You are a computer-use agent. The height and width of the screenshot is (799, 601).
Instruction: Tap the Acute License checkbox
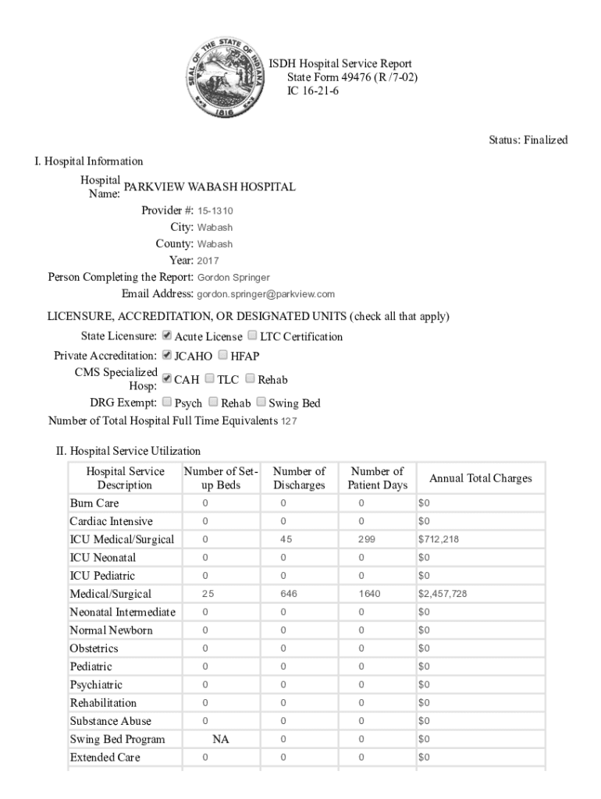click(166, 336)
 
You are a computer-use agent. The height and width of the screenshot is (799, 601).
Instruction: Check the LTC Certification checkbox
click(252, 336)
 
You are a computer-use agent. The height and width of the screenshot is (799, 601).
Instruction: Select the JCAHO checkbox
click(166, 355)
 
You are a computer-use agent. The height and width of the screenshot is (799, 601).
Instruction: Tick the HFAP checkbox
click(223, 355)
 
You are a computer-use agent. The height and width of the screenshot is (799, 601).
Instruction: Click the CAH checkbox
click(166, 378)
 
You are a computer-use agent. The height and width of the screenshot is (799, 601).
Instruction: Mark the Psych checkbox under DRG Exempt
click(166, 403)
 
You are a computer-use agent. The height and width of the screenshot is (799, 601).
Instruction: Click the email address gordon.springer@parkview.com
click(265, 294)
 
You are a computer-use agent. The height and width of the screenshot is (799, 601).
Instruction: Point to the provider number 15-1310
click(215, 211)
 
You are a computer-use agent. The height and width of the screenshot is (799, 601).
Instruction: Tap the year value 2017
click(208, 261)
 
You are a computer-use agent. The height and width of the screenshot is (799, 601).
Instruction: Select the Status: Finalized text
click(528, 140)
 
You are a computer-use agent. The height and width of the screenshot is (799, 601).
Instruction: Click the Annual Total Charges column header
click(481, 478)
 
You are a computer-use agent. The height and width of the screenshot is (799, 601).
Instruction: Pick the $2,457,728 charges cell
click(443, 594)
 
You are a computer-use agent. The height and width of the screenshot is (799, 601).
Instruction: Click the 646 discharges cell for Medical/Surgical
click(290, 594)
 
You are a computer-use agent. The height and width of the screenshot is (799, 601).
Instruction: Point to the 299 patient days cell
click(367, 539)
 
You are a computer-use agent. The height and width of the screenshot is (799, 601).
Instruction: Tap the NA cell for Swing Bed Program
click(221, 739)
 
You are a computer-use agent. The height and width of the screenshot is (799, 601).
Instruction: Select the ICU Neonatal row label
click(102, 558)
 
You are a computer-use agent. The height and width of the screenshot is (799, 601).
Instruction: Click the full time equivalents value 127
click(289, 422)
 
